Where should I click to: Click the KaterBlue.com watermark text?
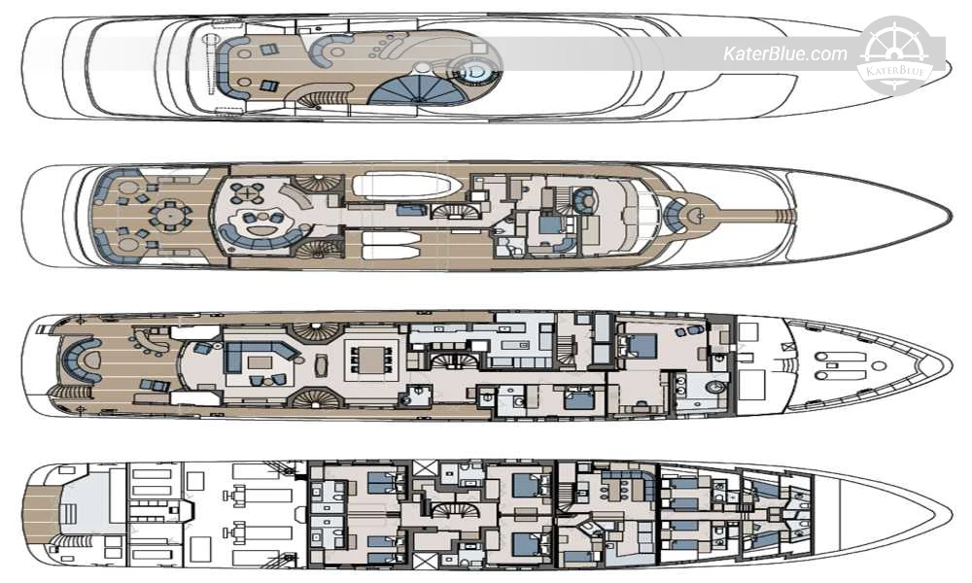(x=784, y=54)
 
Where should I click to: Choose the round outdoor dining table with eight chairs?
(x=169, y=215)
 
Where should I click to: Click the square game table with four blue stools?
(x=247, y=194)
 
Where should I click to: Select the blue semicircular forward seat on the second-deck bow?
(x=674, y=216)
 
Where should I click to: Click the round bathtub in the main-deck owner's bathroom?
(x=716, y=389)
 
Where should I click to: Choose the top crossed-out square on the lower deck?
(x=425, y=467)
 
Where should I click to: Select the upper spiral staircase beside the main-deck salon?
(x=316, y=329)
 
